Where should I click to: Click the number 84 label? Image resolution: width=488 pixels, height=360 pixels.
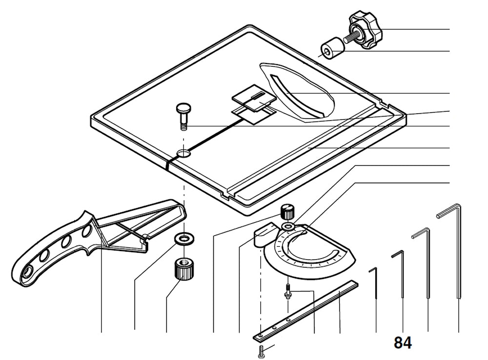pyautogui.click(x=403, y=343)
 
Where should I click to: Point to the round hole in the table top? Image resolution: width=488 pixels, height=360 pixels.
pyautogui.click(x=184, y=153)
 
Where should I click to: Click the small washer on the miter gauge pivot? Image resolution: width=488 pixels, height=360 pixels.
pyautogui.click(x=288, y=227)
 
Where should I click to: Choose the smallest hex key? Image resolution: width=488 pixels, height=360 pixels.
pyautogui.click(x=375, y=288)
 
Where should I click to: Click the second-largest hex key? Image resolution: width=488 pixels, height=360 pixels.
pyautogui.click(x=427, y=259)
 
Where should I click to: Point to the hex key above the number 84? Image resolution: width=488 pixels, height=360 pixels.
pyautogui.click(x=401, y=273)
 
